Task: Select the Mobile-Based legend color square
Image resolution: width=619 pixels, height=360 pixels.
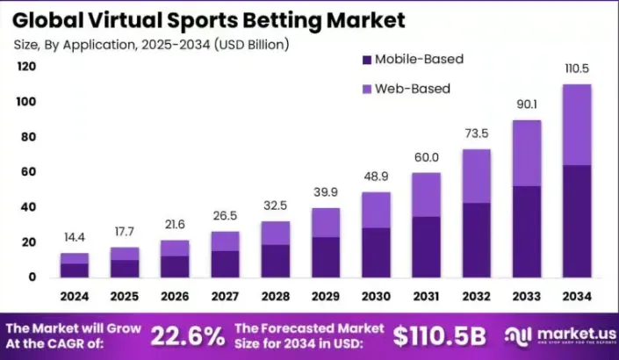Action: point(366,60)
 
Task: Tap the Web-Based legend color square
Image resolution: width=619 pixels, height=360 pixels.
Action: point(366,89)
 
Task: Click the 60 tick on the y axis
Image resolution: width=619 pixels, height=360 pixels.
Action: point(29,172)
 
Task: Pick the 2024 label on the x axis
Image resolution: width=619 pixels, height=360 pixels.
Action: point(74,296)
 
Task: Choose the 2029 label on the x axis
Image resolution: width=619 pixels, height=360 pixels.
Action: point(326,296)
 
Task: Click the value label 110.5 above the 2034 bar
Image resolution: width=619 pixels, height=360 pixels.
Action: point(577,68)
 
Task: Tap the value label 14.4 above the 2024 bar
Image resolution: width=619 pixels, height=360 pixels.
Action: point(74,237)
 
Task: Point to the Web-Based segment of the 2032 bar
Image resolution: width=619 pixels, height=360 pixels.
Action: point(477,176)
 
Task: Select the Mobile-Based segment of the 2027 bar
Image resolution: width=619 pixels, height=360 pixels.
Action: point(225,263)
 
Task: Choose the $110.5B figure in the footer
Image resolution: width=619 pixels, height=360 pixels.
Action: point(440,335)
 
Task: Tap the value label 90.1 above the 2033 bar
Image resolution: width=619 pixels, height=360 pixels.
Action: point(527,104)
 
